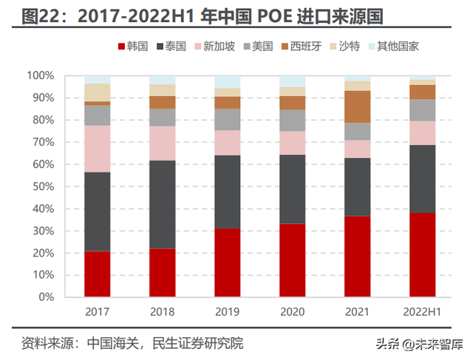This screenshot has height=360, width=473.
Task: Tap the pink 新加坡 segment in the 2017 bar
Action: pyautogui.click(x=97, y=149)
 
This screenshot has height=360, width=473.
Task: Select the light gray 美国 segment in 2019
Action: pyautogui.click(x=228, y=119)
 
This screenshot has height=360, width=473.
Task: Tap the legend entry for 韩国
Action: pyautogui.click(x=131, y=47)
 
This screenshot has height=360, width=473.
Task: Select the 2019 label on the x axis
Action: pyautogui.click(x=228, y=311)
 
